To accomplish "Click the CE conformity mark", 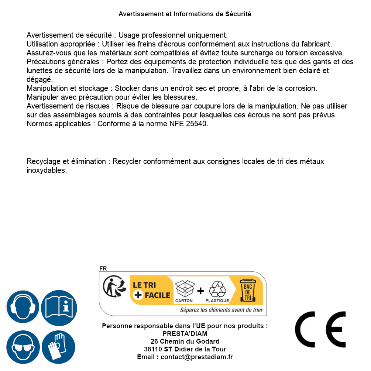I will coord(320,329).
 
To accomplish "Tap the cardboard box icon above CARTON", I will coord(184,288).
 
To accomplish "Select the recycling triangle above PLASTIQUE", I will coord(217,289).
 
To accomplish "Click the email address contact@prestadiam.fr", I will coord(197,357).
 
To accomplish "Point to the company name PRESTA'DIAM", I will coord(185,334).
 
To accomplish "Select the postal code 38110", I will coord(152,349).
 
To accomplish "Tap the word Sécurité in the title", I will coord(238,14).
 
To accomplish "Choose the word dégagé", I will coord(40,79).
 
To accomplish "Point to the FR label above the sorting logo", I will coord(103,268).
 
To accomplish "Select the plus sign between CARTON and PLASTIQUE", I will coord(200,291).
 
